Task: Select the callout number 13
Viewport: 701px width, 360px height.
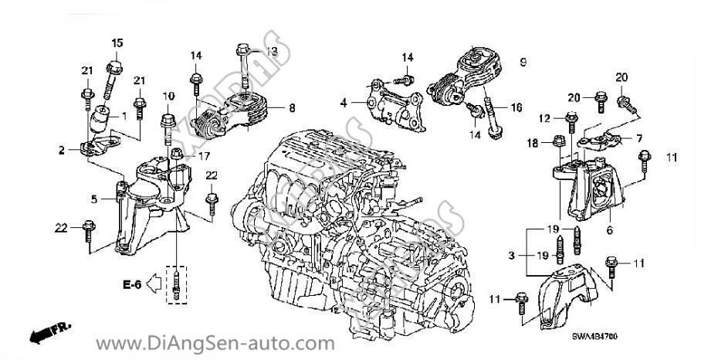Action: tap(271, 51)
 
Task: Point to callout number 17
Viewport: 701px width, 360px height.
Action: tap(204, 155)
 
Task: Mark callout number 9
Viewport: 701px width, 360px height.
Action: tap(523, 60)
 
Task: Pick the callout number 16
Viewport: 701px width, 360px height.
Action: tap(516, 107)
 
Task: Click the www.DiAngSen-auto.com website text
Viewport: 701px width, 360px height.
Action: tap(215, 343)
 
